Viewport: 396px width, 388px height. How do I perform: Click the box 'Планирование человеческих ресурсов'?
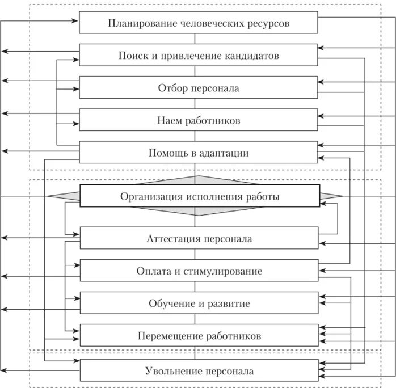click(x=199, y=24)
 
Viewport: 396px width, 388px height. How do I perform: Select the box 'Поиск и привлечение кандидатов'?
click(x=199, y=56)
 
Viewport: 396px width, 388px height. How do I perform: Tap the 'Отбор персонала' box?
click(x=199, y=88)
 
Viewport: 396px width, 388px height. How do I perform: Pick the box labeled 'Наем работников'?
click(x=199, y=121)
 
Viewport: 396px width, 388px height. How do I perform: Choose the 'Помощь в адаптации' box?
click(x=199, y=153)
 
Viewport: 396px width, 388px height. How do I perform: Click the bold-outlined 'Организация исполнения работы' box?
click(x=200, y=196)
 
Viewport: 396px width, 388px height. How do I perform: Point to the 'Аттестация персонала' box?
click(x=199, y=239)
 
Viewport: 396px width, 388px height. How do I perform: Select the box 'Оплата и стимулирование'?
click(x=199, y=271)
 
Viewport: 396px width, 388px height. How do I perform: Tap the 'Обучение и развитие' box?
click(x=199, y=303)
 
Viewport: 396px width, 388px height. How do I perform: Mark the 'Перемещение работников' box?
click(x=199, y=336)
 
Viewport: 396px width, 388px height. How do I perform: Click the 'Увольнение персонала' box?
click(x=199, y=371)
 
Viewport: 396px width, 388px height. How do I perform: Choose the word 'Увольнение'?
click(x=170, y=371)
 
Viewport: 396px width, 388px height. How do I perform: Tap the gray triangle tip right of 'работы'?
click(x=339, y=196)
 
